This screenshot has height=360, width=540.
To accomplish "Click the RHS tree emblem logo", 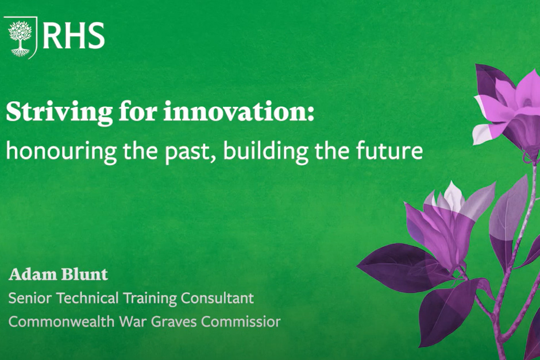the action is tap(20, 37).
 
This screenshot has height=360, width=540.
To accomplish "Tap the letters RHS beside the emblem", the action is tap(74, 36).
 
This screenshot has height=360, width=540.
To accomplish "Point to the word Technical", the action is tap(88, 298).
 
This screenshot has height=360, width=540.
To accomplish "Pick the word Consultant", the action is tap(217, 298).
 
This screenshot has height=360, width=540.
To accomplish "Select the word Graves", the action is tap(174, 322).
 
